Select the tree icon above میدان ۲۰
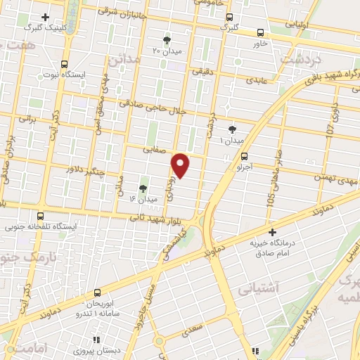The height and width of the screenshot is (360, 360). [167, 39]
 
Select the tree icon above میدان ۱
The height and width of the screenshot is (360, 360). [233, 129]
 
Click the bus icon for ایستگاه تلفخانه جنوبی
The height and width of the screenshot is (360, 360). [41, 217]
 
